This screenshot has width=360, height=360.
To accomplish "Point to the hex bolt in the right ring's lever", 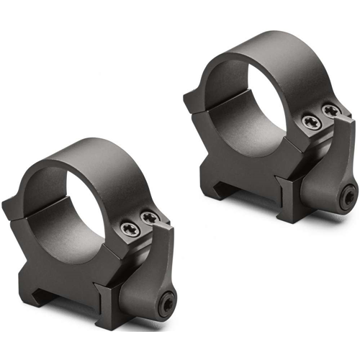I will click(348, 194).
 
